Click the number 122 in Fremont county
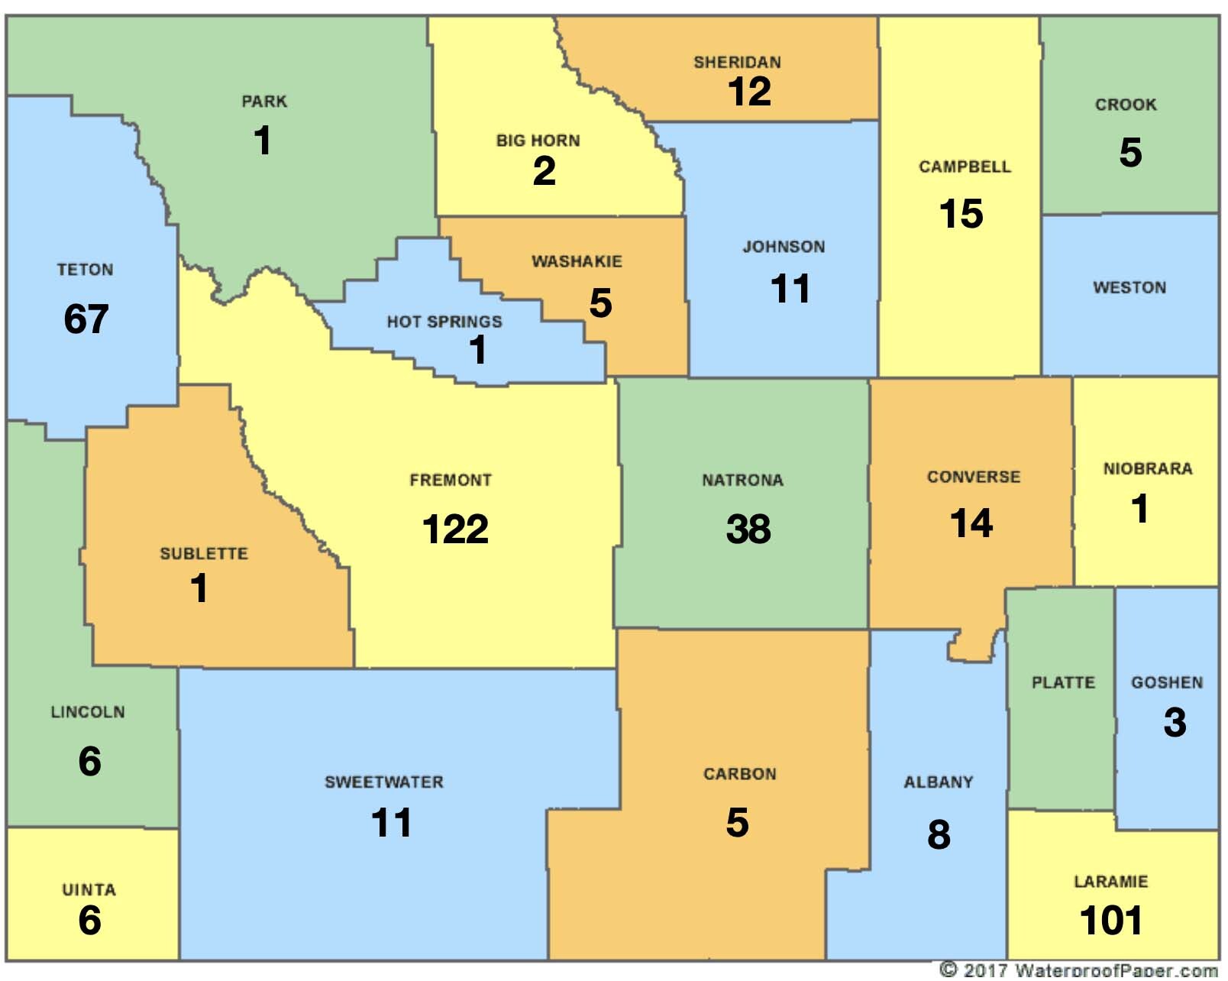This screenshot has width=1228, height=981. [x=455, y=529]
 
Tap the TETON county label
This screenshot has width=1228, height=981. [x=85, y=270]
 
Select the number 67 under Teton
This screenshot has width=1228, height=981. [x=86, y=319]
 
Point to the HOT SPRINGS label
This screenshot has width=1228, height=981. [x=444, y=322]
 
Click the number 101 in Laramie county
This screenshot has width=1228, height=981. [x=1111, y=920]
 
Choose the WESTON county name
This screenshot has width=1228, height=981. [x=1129, y=288]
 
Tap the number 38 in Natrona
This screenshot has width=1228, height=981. [x=748, y=529]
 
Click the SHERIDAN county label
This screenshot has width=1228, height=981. [x=737, y=63]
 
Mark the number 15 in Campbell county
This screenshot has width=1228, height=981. [x=961, y=214]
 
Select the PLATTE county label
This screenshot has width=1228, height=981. [x=1063, y=682]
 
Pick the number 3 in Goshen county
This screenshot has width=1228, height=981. [x=1175, y=722]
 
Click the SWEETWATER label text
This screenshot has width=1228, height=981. [x=384, y=782]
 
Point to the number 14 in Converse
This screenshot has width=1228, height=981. [x=971, y=523]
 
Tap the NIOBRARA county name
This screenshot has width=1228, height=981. [x=1147, y=469]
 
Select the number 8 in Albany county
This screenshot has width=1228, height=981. [x=939, y=834]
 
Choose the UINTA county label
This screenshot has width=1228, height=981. [x=89, y=890]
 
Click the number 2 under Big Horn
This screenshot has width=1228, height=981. [x=544, y=170]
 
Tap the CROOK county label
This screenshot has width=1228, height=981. [x=1126, y=105]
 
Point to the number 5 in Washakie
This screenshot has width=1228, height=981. [x=600, y=303]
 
